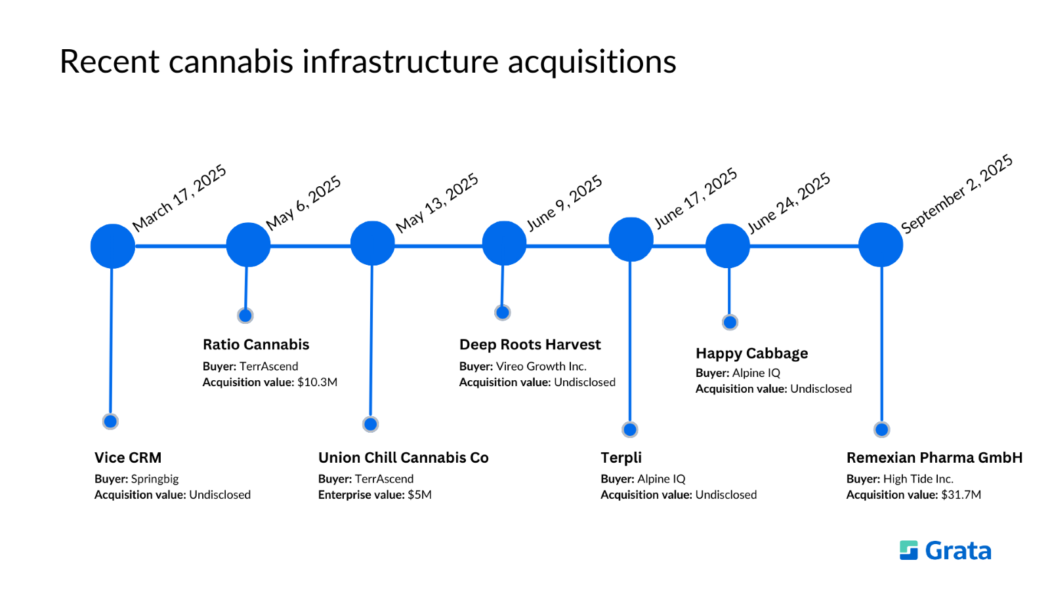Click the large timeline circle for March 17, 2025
point(113,246)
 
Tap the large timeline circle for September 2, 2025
point(881,245)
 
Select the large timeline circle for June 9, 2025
point(504,243)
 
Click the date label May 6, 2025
point(304,203)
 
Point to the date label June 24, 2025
point(789,203)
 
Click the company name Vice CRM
point(128,458)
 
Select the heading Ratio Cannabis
point(256,345)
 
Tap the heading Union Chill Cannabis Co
point(404,458)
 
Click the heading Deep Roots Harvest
point(530,345)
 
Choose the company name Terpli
point(621,458)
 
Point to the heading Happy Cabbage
point(752,353)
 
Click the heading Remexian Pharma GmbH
point(934,458)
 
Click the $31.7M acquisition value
point(961,495)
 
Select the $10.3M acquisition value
point(318,382)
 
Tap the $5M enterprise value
point(420,495)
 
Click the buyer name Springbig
point(155,479)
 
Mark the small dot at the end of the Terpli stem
point(630,429)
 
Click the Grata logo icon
point(909,551)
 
